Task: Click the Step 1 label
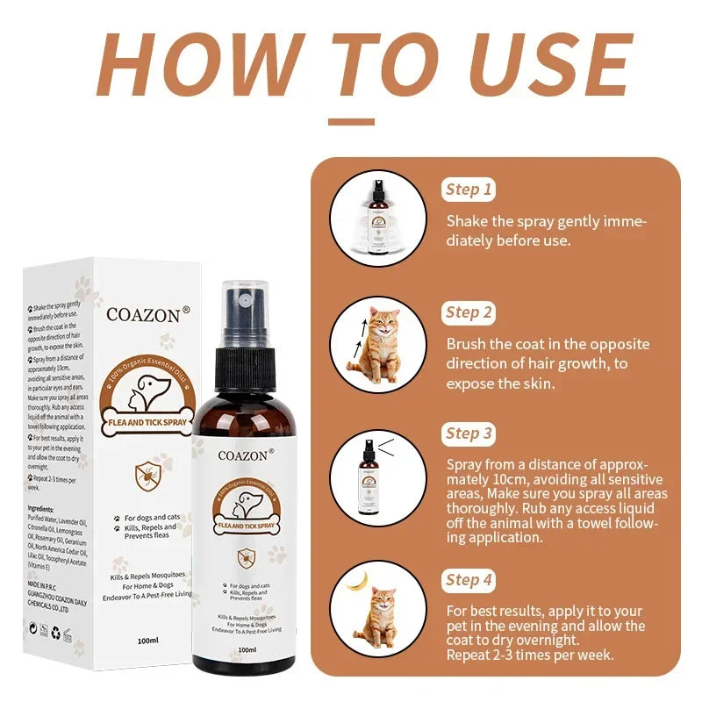click(x=469, y=190)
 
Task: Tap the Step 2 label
click(x=469, y=312)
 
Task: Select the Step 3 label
click(x=469, y=433)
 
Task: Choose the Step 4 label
click(x=469, y=579)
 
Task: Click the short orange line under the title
click(x=350, y=122)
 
